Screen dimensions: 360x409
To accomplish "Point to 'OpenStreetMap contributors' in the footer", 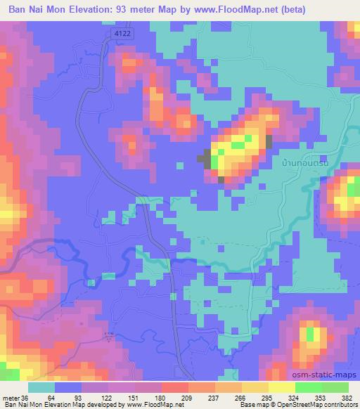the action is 317,405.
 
